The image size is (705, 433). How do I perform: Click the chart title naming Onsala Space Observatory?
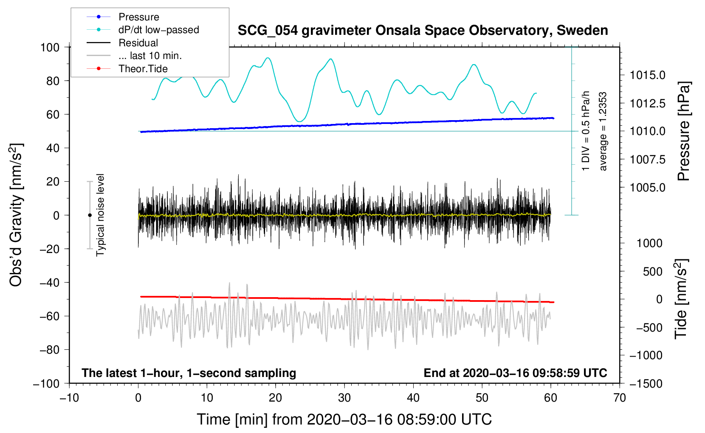pos(423,31)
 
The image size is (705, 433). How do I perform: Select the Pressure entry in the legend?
pos(138,17)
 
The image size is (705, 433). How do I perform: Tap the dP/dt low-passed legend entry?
pos(158,30)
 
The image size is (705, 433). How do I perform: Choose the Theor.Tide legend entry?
pos(143,69)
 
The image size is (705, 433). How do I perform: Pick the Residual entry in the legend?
pos(138,43)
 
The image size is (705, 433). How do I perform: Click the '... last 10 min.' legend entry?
pos(150,56)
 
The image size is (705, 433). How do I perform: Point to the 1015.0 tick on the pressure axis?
pos(647,75)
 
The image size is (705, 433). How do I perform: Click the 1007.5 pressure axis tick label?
pos(647,159)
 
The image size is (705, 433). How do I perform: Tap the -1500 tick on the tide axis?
pos(646,383)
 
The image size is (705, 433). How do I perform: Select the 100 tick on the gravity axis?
pos(50,47)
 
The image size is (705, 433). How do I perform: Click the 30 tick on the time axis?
pos(344,398)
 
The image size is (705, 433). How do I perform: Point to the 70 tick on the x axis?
pos(620,398)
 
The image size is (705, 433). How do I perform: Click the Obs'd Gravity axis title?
pos(16,215)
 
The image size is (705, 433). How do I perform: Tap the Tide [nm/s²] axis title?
pos(681,299)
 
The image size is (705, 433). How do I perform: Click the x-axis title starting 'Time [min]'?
pos(344,419)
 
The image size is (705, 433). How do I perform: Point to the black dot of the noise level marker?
pos(90,215)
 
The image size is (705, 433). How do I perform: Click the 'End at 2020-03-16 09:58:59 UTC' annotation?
pos(515,373)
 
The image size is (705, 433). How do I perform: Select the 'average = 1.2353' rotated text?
pos(603,132)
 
